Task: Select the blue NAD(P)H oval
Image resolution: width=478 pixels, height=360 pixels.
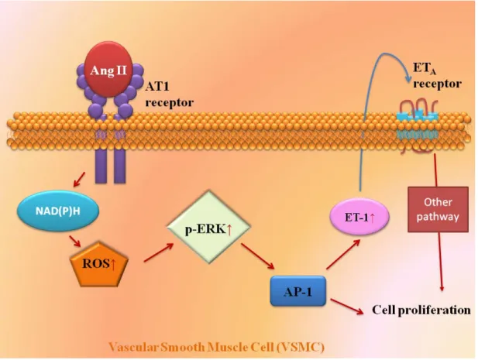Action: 58,211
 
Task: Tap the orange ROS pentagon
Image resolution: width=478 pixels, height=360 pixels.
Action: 99,264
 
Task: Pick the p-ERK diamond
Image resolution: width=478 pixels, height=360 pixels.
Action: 209,227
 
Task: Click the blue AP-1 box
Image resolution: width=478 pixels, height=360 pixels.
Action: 298,291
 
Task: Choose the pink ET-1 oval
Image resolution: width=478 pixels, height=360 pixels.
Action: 360,217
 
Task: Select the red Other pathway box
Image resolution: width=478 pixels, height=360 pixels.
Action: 438,210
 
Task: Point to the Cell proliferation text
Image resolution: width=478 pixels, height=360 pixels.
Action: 421,310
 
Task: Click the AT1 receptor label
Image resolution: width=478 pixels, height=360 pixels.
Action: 169,94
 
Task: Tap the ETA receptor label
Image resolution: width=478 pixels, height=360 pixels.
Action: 437,76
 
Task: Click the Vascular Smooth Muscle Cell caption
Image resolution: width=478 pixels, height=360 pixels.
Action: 216,347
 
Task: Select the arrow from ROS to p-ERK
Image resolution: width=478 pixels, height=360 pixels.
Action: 159,252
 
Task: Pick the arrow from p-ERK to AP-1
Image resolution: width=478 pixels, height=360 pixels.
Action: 258,256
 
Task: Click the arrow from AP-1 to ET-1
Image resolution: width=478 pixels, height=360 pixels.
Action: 343,254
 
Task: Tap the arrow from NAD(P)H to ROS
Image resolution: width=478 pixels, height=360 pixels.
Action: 75,241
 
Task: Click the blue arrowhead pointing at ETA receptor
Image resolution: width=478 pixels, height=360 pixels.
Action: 408,77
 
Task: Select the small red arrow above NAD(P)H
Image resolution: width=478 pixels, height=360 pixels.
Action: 79,179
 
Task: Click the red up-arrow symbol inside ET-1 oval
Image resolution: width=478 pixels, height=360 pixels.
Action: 372,218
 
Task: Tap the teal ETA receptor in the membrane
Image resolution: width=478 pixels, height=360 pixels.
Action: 418,125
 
